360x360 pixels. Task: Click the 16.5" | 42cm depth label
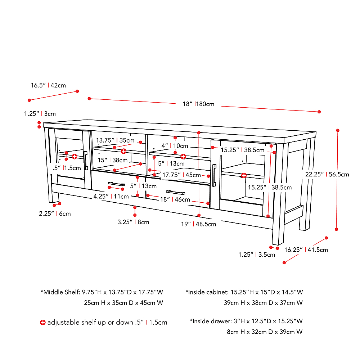(48, 85)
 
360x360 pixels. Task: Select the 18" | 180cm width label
(198, 104)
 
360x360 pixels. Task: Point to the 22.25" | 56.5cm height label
(327, 175)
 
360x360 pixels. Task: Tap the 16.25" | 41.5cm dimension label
(306, 249)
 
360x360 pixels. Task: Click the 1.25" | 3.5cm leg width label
(257, 255)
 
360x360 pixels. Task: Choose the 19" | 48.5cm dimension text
(198, 224)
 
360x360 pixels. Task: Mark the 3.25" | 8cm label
(133, 222)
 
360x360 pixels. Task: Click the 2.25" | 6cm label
(55, 213)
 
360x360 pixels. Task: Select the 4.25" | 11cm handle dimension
(111, 197)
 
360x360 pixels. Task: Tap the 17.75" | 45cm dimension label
(181, 175)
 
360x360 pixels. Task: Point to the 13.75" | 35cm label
(115, 140)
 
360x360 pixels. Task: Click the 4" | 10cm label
(175, 146)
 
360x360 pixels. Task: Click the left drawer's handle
(116, 184)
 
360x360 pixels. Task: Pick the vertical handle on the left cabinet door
(86, 160)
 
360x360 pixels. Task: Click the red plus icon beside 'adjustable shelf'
(43, 322)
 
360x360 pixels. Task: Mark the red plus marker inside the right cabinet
(244, 175)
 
